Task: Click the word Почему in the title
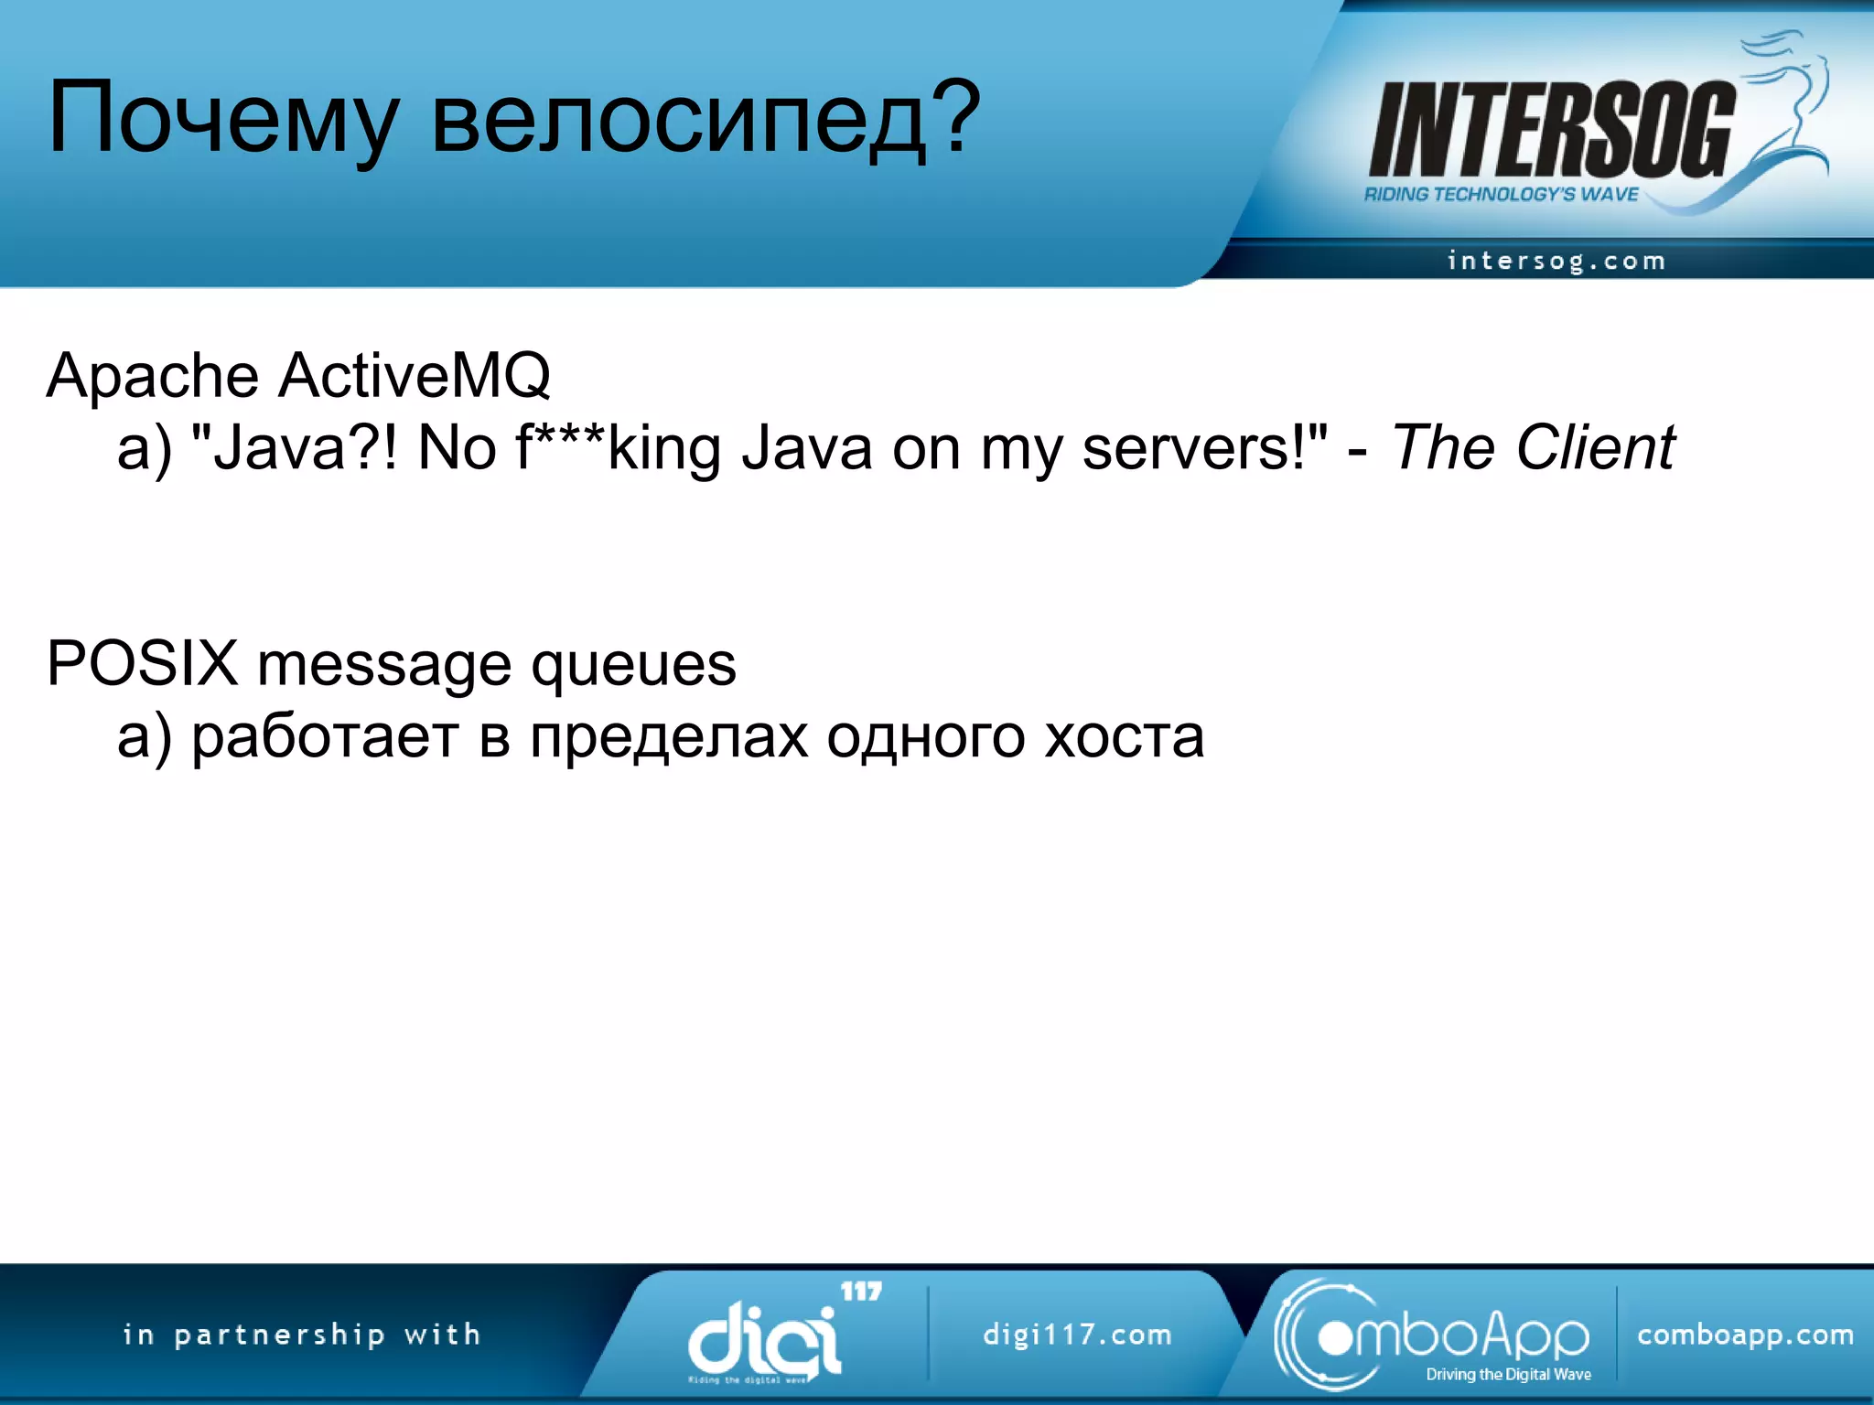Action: (222, 119)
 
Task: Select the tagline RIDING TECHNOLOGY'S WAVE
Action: (1501, 194)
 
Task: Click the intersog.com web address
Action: (1556, 261)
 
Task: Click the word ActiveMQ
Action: (414, 376)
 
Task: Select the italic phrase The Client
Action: (1532, 448)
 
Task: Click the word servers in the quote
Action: (1194, 448)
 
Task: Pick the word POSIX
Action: (142, 663)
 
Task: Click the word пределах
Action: (669, 736)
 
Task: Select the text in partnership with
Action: (302, 1335)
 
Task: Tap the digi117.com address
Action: (1077, 1335)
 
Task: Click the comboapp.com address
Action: (1745, 1335)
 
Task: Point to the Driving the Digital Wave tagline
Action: (1508, 1374)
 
